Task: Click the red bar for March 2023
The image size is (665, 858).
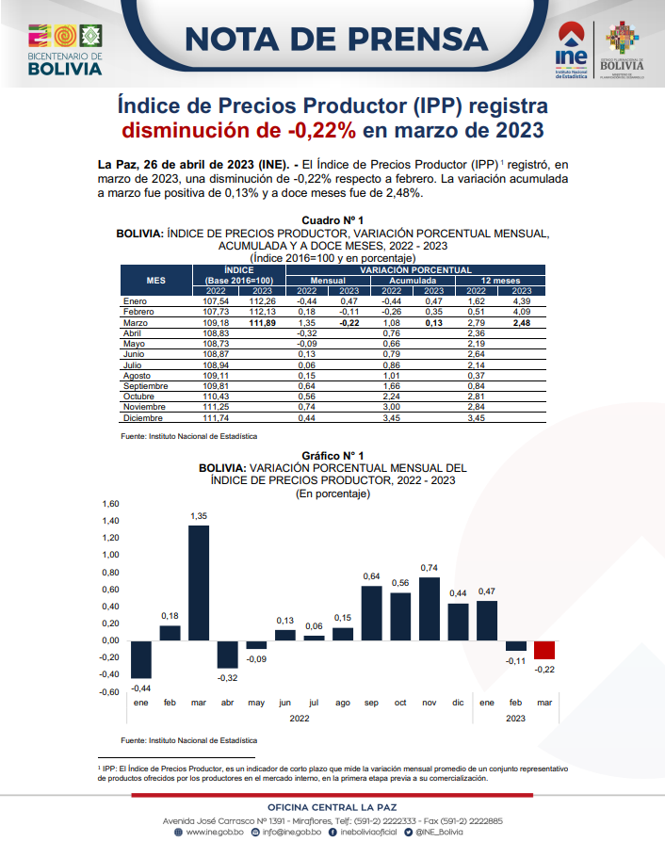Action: (x=544, y=650)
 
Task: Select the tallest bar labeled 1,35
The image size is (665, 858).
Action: (x=199, y=583)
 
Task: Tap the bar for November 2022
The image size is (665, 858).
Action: (x=430, y=608)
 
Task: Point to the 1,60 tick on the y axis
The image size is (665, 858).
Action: (x=110, y=504)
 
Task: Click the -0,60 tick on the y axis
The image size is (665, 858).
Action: (x=109, y=692)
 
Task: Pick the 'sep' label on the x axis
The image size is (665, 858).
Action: (x=372, y=703)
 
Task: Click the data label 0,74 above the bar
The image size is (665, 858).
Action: (x=430, y=568)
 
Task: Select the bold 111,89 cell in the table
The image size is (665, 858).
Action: (x=262, y=323)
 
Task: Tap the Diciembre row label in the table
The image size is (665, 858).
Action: (x=143, y=418)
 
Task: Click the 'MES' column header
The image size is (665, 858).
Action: (x=156, y=280)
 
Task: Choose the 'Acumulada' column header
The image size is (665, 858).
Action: (x=413, y=281)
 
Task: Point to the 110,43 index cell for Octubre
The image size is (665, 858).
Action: (x=216, y=397)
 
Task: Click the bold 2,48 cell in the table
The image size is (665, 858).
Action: (x=522, y=323)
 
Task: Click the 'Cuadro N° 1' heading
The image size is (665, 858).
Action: (x=332, y=220)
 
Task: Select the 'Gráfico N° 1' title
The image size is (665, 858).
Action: (x=332, y=456)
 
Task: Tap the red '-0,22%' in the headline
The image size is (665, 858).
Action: (x=322, y=131)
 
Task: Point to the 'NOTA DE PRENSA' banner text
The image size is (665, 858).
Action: (x=336, y=40)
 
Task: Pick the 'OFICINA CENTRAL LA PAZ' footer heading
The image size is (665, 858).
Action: (x=332, y=807)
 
